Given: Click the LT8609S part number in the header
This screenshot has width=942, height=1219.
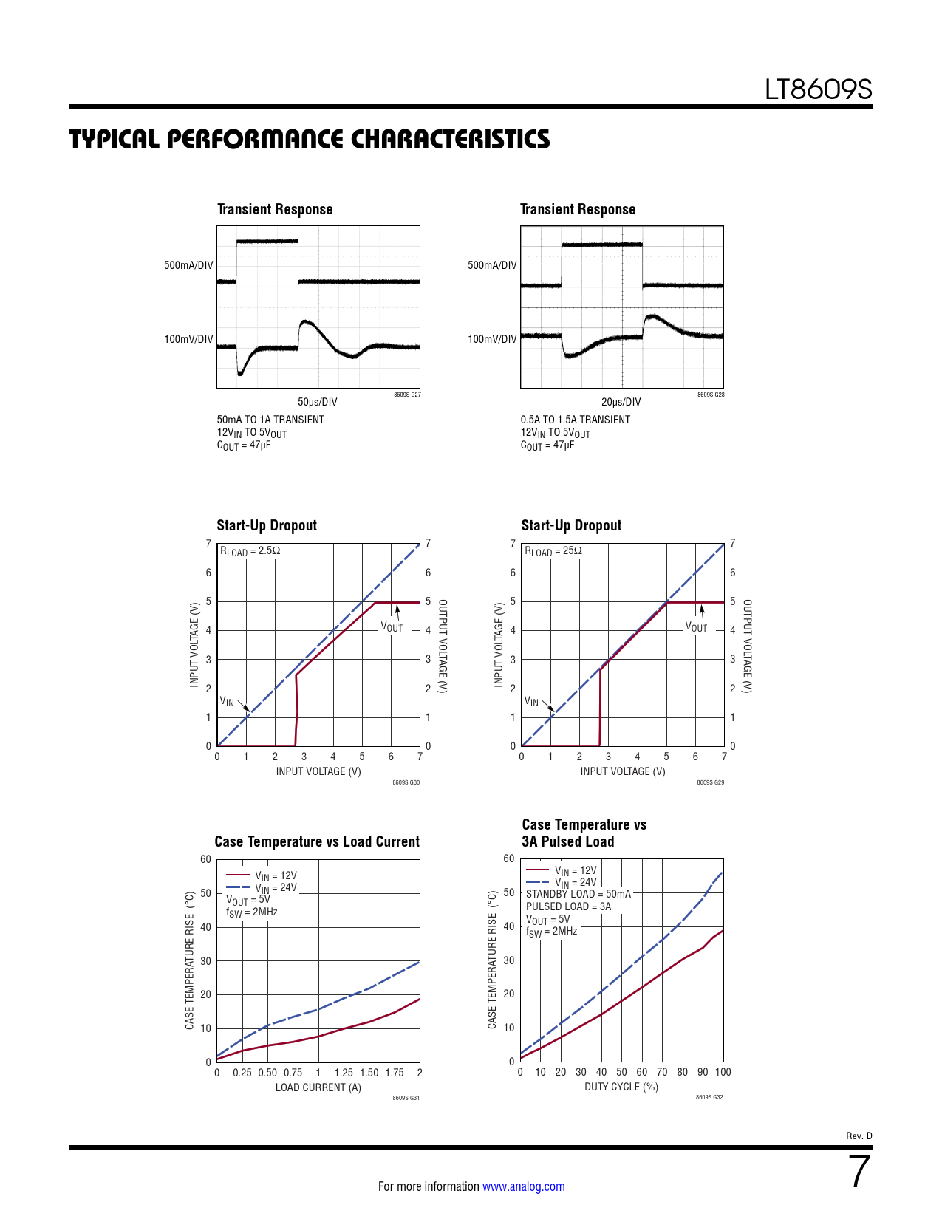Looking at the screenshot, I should point(818,90).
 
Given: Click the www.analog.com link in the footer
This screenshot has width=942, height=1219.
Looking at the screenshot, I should point(523,1186).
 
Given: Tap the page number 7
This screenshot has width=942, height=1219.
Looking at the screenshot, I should point(859,1172).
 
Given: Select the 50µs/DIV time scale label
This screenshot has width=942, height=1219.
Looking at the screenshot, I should point(318,402).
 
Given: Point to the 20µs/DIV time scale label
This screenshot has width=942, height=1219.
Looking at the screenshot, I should point(621,402).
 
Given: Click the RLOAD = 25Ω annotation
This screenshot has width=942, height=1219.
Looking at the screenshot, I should point(553,551).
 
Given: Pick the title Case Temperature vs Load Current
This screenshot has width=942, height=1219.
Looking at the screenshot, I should point(317,841).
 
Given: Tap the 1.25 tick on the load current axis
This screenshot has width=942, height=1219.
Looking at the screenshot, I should point(344,1073).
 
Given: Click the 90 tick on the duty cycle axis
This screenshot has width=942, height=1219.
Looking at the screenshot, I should point(703,1072).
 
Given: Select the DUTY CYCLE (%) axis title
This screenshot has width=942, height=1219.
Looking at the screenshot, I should point(621,1087).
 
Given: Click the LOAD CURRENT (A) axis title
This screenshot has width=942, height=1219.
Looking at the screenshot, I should point(318,1087).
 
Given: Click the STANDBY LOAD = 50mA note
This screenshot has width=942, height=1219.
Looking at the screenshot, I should point(578,894).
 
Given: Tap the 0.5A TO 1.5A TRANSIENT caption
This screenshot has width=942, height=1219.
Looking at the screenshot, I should point(576,420).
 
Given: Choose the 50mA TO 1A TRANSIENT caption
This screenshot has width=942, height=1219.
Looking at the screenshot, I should point(270,420).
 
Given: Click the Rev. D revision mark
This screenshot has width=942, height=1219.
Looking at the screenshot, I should point(859,1136).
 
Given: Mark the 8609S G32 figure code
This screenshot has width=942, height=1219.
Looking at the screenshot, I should point(709,1097).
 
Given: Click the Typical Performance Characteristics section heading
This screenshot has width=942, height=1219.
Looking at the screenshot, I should point(310,139).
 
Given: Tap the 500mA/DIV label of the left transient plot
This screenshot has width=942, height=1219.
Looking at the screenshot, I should point(188,265).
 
